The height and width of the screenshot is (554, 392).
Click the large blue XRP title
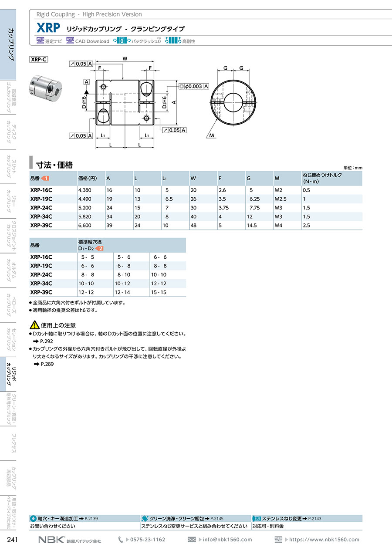tap(48, 28)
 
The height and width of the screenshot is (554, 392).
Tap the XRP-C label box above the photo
tap(39, 59)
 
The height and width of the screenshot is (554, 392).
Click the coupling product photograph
tap(45, 88)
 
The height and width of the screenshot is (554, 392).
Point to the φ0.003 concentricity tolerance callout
tap(194, 86)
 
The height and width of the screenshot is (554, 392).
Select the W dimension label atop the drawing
tap(125, 59)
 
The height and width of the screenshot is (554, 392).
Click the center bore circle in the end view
tap(233, 102)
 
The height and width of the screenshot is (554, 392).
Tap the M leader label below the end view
tap(212, 135)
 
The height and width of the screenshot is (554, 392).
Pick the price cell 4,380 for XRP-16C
tap(85, 190)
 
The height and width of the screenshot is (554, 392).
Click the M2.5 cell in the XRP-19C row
tap(280, 199)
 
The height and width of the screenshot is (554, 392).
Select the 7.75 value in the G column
tap(255, 208)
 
